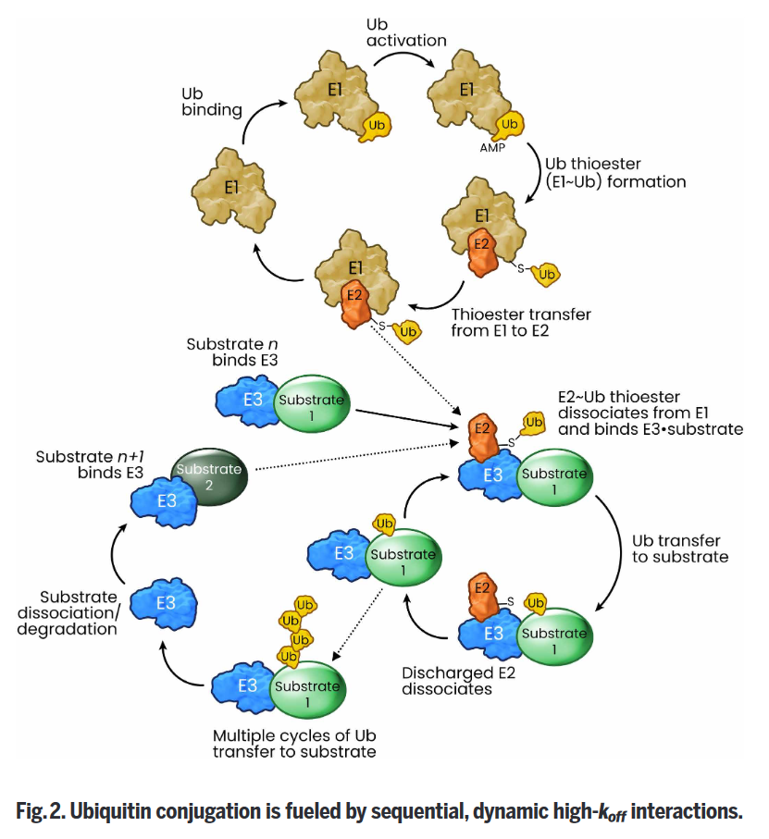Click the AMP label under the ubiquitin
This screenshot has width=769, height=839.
coord(492,148)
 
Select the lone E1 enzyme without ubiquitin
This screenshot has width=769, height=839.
coord(233,190)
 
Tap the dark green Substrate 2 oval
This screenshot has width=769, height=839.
coord(209,476)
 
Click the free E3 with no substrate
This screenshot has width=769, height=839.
coord(164,603)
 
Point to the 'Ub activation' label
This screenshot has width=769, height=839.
coord(406,32)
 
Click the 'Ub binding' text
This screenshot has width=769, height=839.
coord(212,102)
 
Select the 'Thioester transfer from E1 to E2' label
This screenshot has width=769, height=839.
coord(521,322)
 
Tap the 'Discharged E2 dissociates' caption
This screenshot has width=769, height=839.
coord(459,681)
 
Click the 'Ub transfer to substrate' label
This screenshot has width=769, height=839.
coord(680,549)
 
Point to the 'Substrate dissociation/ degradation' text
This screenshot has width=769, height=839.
coord(68,612)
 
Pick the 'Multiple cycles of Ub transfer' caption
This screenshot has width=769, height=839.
coord(294,743)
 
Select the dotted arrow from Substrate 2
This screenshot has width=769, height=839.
coord(356,456)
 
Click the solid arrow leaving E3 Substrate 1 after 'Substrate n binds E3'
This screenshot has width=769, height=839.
coord(407,419)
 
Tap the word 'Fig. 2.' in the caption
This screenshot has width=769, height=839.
coord(39,811)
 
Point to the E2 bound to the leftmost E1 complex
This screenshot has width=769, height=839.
coord(354,302)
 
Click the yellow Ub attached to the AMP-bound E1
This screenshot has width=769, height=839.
coord(509,125)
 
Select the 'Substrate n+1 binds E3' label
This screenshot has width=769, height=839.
coord(90,464)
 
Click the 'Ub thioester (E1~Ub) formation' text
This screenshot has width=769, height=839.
coord(615,173)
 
